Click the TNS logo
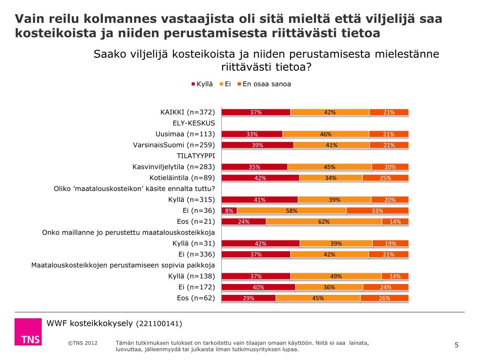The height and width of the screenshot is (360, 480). pyautogui.click(x=28, y=332)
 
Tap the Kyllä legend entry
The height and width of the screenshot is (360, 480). pyautogui.click(x=202, y=84)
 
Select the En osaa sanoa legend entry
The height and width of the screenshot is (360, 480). pyautogui.click(x=263, y=84)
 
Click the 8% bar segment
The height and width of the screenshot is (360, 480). pyautogui.click(x=229, y=210)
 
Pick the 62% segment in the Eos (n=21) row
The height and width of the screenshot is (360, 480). pyautogui.click(x=324, y=221)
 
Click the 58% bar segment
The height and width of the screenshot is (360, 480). pyautogui.click(x=292, y=210)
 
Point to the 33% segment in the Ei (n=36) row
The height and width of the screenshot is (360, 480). pyautogui.click(x=377, y=210)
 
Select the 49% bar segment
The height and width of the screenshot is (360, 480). pyautogui.click(x=336, y=276)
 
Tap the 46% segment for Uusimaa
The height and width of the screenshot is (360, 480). pyautogui.click(x=326, y=134)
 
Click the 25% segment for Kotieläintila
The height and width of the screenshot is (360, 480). pyautogui.click(x=385, y=178)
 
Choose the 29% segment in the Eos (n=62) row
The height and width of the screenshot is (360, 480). pyautogui.click(x=248, y=298)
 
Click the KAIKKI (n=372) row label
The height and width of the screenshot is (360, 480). pyautogui.click(x=187, y=112)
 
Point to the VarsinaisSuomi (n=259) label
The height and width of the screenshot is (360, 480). pyautogui.click(x=174, y=145)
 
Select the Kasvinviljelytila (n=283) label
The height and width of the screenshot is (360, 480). pyautogui.click(x=173, y=166)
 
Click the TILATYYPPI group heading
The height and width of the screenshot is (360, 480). pyautogui.click(x=195, y=156)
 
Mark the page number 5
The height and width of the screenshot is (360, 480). pyautogui.click(x=457, y=345)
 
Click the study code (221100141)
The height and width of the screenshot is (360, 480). pyautogui.click(x=158, y=323)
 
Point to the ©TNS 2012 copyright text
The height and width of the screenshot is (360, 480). pyautogui.click(x=82, y=343)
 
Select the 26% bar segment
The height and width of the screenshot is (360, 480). pyautogui.click(x=384, y=298)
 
